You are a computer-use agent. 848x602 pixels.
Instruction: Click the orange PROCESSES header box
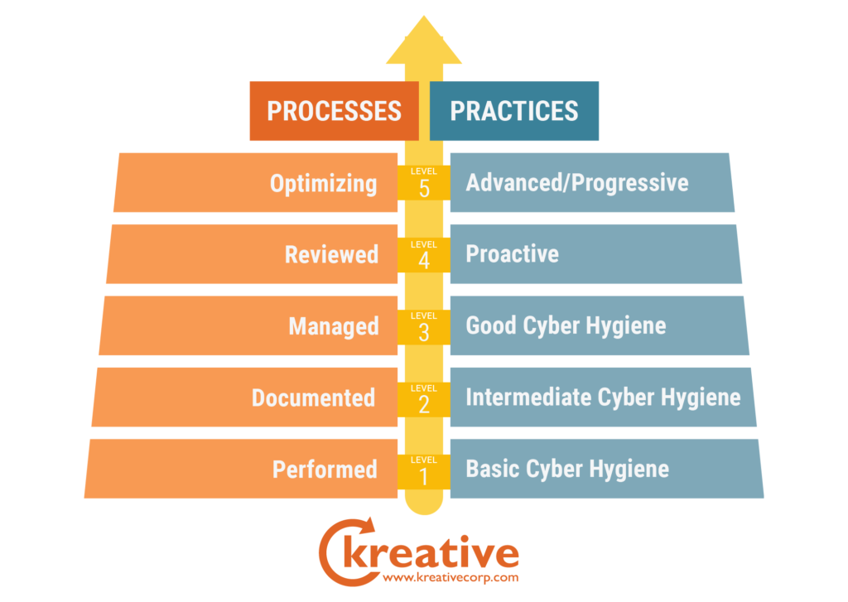pyautogui.click(x=335, y=111)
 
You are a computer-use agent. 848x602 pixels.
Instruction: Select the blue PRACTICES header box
pyautogui.click(x=513, y=111)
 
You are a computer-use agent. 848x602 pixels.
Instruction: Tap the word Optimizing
pyautogui.click(x=324, y=184)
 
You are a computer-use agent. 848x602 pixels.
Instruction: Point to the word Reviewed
pyautogui.click(x=331, y=255)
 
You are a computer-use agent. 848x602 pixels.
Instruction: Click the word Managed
pyautogui.click(x=334, y=327)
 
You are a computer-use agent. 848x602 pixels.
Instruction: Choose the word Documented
pyautogui.click(x=314, y=398)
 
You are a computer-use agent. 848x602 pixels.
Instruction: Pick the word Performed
pyautogui.click(x=325, y=470)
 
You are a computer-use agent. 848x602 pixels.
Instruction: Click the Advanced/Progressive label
pyautogui.click(x=577, y=183)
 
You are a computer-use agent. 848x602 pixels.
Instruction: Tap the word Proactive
pyautogui.click(x=512, y=254)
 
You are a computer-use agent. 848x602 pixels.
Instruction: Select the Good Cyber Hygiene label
pyautogui.click(x=566, y=326)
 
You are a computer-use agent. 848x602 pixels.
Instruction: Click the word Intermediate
pyautogui.click(x=528, y=397)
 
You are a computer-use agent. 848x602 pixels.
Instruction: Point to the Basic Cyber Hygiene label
pyautogui.click(x=567, y=470)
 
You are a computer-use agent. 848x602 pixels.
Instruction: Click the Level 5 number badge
pyautogui.click(x=424, y=183)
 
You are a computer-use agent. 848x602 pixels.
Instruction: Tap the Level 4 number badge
pyautogui.click(x=424, y=255)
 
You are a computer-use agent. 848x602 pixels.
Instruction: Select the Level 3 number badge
pyautogui.click(x=424, y=327)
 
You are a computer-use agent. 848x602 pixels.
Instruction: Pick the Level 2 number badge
pyautogui.click(x=424, y=399)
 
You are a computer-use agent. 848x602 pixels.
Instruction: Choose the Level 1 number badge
pyautogui.click(x=424, y=471)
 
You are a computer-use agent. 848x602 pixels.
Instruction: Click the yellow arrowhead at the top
pyautogui.click(x=424, y=43)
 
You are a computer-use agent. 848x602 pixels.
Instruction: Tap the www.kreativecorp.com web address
pyautogui.click(x=450, y=578)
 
